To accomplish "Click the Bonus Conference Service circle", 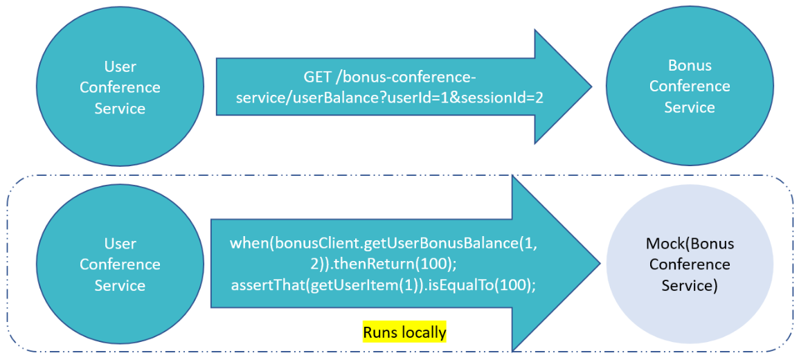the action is [690, 87].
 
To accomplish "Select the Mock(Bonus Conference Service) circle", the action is [690, 264].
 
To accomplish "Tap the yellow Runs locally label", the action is [404, 332].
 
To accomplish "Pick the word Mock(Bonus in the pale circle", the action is [690, 244].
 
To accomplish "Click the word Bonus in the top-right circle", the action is [690, 66].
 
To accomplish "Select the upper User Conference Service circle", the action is [120, 87].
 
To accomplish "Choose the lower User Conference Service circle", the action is [120, 264].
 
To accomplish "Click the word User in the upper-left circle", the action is [120, 66].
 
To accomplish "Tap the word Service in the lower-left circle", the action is [120, 286].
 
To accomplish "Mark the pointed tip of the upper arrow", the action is [592, 87].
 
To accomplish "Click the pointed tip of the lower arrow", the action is [600, 264].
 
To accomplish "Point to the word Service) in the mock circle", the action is [690, 286].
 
